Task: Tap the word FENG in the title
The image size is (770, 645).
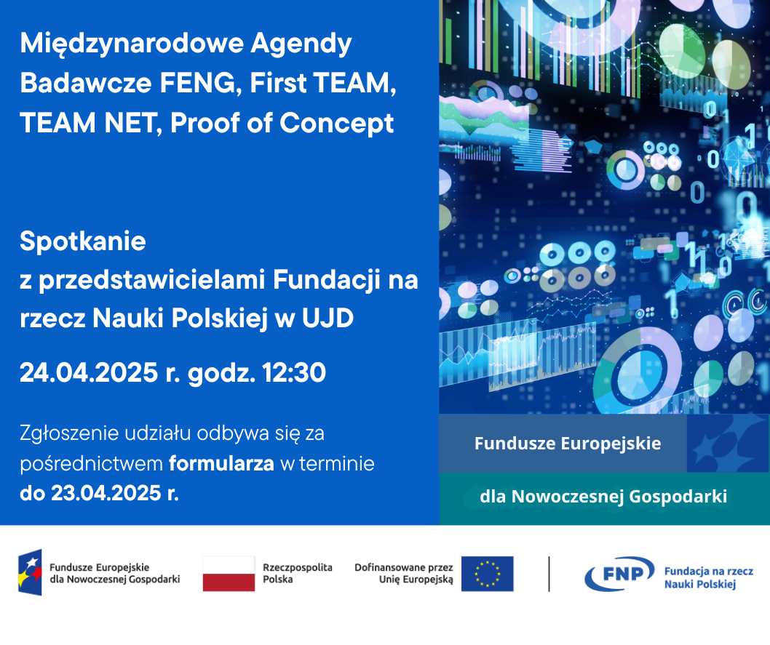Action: tap(197, 83)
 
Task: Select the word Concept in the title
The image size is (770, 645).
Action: tap(336, 123)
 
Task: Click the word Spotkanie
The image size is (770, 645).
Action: tap(82, 241)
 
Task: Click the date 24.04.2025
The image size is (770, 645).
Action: tap(89, 372)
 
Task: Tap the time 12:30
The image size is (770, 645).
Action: tap(293, 372)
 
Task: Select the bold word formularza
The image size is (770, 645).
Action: tap(221, 463)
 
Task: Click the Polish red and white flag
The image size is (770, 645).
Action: tap(229, 574)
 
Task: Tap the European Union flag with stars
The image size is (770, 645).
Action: tap(487, 574)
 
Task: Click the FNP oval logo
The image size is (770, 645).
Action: tap(620, 574)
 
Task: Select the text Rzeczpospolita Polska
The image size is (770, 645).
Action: tap(298, 574)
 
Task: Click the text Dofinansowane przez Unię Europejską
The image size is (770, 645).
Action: tap(404, 574)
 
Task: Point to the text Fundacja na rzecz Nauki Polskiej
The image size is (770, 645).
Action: tap(709, 577)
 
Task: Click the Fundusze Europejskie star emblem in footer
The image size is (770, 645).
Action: tap(30, 572)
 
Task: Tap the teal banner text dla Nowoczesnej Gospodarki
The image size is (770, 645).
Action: tap(603, 497)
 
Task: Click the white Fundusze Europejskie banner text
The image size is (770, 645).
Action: tap(568, 444)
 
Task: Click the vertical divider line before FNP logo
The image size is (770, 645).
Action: tap(549, 574)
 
